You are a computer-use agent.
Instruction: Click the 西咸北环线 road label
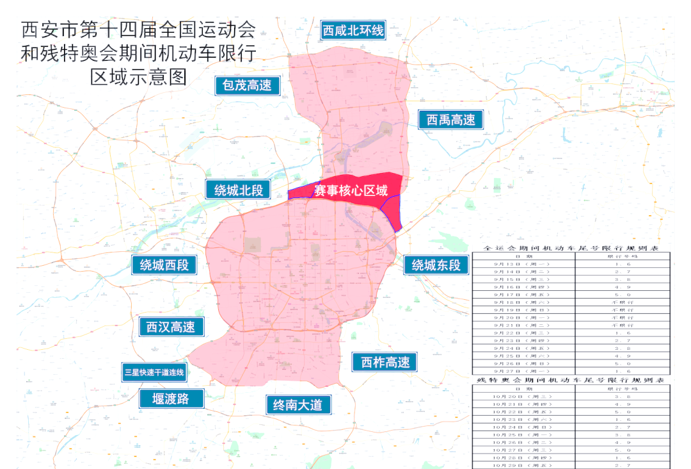click(353, 30)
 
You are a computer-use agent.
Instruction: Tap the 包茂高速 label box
click(247, 85)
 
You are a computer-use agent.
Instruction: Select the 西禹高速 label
click(451, 120)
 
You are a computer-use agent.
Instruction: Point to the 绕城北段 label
click(238, 190)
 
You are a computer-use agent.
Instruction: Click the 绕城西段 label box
click(164, 265)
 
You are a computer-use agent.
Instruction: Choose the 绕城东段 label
click(436, 265)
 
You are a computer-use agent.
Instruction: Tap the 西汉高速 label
click(171, 327)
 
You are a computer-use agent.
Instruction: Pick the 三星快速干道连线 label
click(154, 372)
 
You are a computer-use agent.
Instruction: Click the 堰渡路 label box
click(171, 399)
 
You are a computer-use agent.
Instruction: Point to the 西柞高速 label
click(385, 362)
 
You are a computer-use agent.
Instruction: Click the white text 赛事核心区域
click(350, 190)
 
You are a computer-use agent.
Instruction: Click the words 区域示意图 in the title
click(138, 77)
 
